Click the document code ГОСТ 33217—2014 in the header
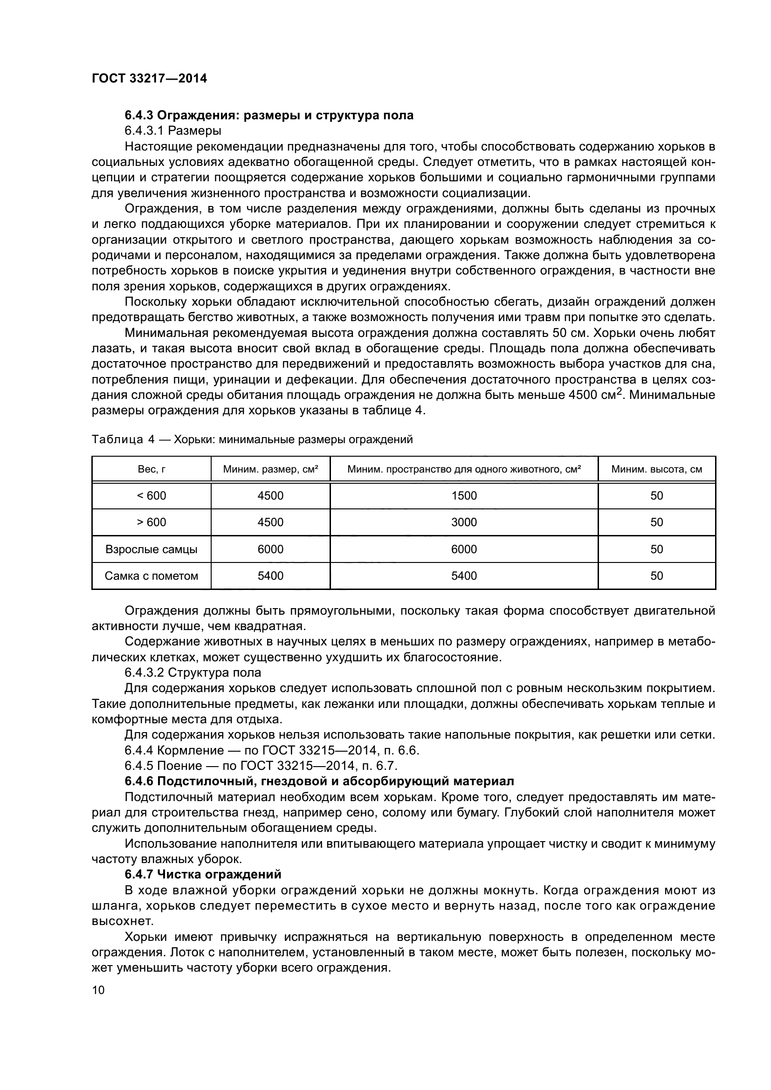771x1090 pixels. [x=149, y=78]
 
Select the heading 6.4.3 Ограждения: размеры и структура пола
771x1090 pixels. [x=268, y=115]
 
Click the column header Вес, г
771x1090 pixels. [x=151, y=470]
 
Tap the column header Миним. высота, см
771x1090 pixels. [x=656, y=470]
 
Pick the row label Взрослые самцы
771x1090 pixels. [x=151, y=549]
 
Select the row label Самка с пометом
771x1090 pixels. [x=151, y=576]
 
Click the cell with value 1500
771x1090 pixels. [x=463, y=496]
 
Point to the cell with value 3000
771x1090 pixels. [x=463, y=522]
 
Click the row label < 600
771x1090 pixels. [x=151, y=496]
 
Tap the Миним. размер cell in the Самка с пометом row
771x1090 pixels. [x=270, y=576]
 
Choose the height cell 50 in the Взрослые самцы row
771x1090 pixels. [x=656, y=549]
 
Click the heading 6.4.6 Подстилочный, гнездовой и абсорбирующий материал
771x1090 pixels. [x=319, y=781]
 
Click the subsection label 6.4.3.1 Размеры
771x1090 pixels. [x=173, y=130]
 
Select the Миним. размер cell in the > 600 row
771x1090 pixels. [x=270, y=522]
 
